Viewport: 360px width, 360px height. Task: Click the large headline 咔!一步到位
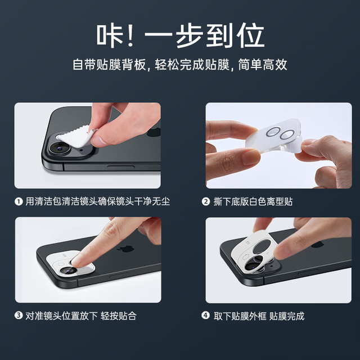[181, 36]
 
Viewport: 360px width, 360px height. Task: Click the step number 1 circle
[19, 201]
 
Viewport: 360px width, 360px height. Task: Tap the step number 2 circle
[206, 201]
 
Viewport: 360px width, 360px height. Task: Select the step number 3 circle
[19, 315]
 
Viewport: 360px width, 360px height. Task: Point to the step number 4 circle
[206, 315]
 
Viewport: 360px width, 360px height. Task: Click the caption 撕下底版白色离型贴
[253, 201]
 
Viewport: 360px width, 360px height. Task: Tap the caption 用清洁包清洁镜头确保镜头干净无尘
[98, 201]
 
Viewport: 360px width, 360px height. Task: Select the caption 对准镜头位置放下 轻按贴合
[81, 316]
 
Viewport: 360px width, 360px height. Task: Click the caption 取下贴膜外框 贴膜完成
[259, 316]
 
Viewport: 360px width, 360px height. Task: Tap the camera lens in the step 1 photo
[60, 147]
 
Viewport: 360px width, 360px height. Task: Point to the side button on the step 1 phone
[121, 168]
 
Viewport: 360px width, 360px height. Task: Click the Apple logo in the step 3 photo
[125, 249]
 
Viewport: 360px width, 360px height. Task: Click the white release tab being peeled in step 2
[296, 146]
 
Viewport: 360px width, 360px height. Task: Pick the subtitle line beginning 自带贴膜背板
[180, 65]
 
